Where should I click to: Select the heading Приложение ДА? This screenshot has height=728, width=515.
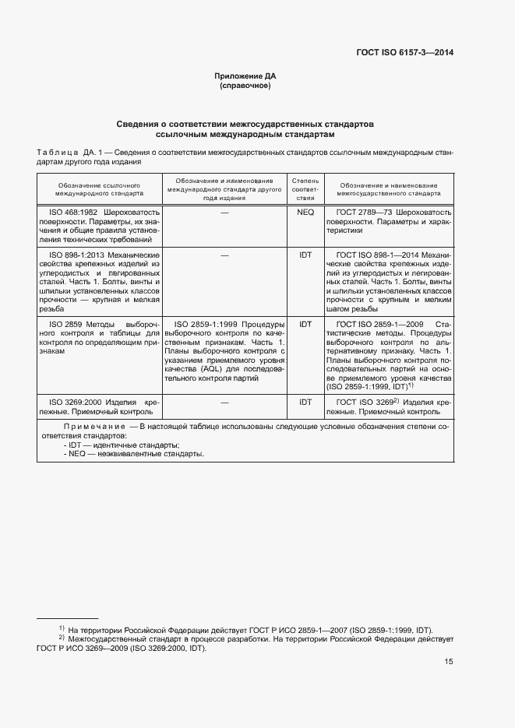point(245,76)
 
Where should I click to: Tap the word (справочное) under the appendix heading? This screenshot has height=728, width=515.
point(245,86)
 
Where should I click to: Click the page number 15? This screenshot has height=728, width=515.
point(449,662)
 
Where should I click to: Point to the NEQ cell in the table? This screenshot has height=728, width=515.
point(305,212)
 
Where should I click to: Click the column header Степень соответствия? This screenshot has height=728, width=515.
point(305,189)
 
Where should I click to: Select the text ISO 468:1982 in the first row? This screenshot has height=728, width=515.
point(73,212)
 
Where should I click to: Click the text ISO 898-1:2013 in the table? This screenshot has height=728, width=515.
point(77,255)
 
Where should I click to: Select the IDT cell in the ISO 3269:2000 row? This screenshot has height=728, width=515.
point(305,402)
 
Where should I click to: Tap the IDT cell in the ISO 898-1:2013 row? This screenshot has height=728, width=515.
point(305,255)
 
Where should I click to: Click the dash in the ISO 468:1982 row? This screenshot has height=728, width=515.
point(224,212)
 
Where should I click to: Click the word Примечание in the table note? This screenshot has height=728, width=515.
point(95,427)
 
